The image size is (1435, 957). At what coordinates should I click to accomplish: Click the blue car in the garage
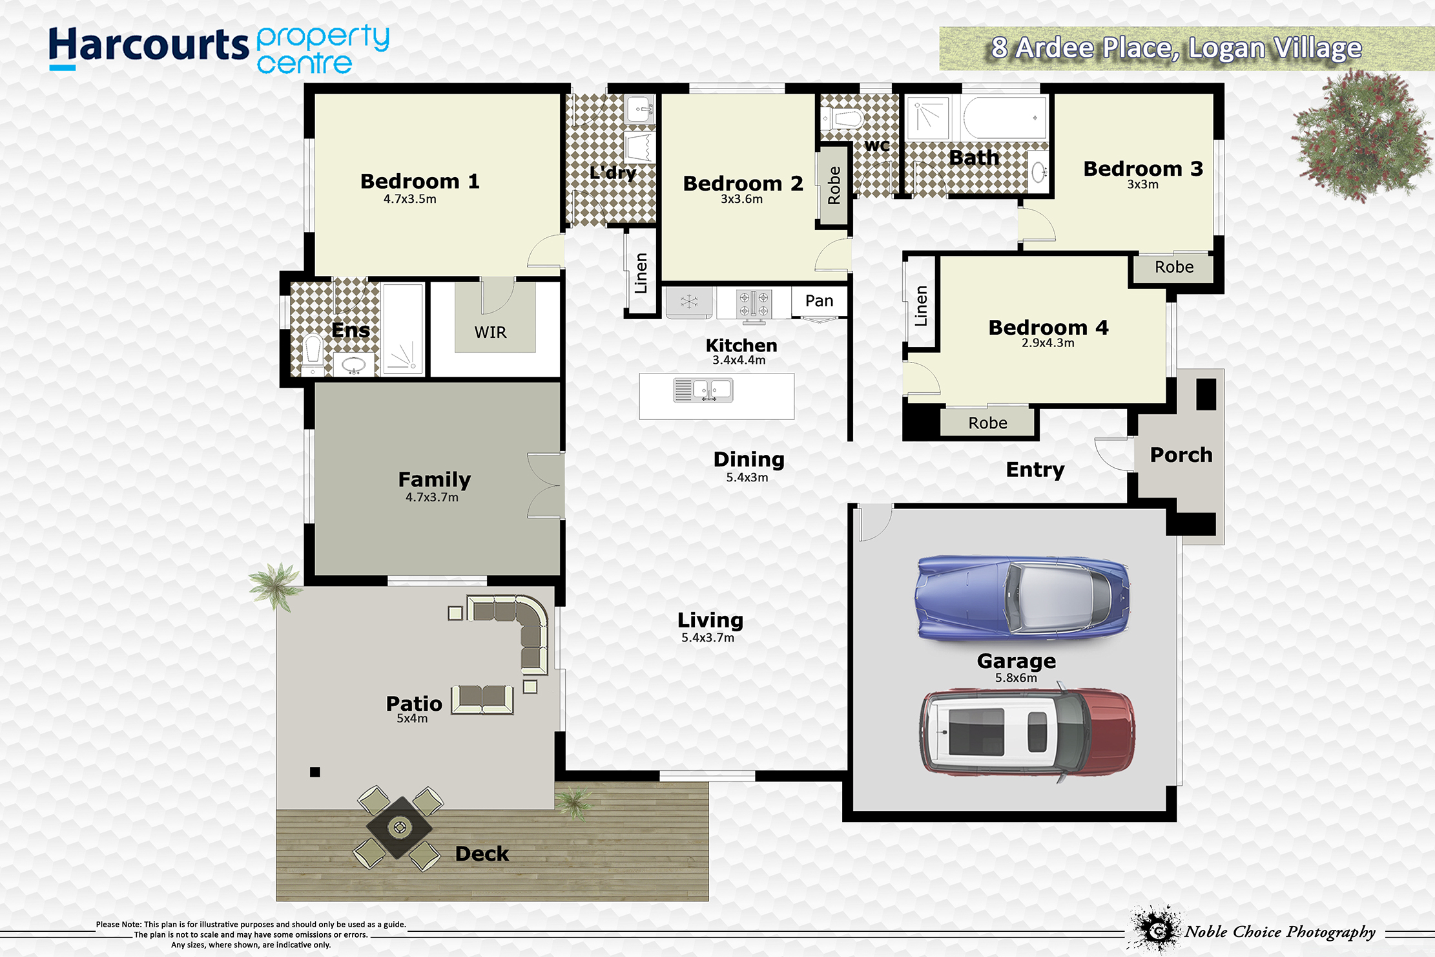(x=1023, y=597)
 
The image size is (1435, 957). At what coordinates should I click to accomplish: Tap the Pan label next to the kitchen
(x=819, y=300)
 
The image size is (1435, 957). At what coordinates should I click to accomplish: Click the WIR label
(x=490, y=332)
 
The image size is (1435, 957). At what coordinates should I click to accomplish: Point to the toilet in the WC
(x=843, y=119)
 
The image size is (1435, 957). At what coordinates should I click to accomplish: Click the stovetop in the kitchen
(x=754, y=303)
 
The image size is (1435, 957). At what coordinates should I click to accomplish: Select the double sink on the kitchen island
(x=703, y=390)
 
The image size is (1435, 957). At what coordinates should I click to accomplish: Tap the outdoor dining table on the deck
(x=399, y=827)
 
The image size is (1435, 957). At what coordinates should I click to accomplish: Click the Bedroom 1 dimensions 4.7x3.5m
(x=409, y=199)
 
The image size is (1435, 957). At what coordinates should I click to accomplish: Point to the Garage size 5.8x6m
(x=1016, y=678)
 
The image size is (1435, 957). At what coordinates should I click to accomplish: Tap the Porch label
(x=1181, y=455)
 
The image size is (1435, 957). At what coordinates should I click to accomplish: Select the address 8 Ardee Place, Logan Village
(x=1177, y=48)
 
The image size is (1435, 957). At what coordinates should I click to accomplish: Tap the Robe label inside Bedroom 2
(x=834, y=185)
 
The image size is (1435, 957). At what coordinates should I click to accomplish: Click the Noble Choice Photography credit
(x=1279, y=931)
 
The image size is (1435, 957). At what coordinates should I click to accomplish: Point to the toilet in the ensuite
(x=313, y=353)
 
